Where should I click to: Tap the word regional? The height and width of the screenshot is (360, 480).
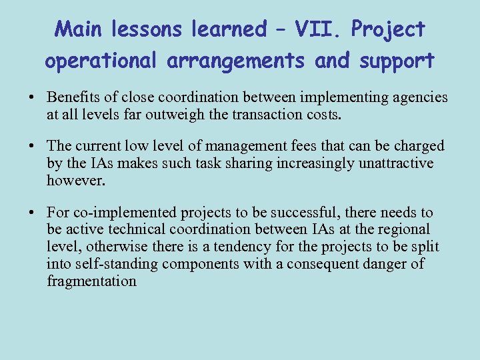coord(403,230)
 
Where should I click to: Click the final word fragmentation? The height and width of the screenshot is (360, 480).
coord(91,281)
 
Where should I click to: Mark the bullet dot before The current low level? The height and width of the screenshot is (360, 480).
coord(32,147)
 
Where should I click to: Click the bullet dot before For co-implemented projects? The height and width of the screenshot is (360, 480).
coord(32,213)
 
